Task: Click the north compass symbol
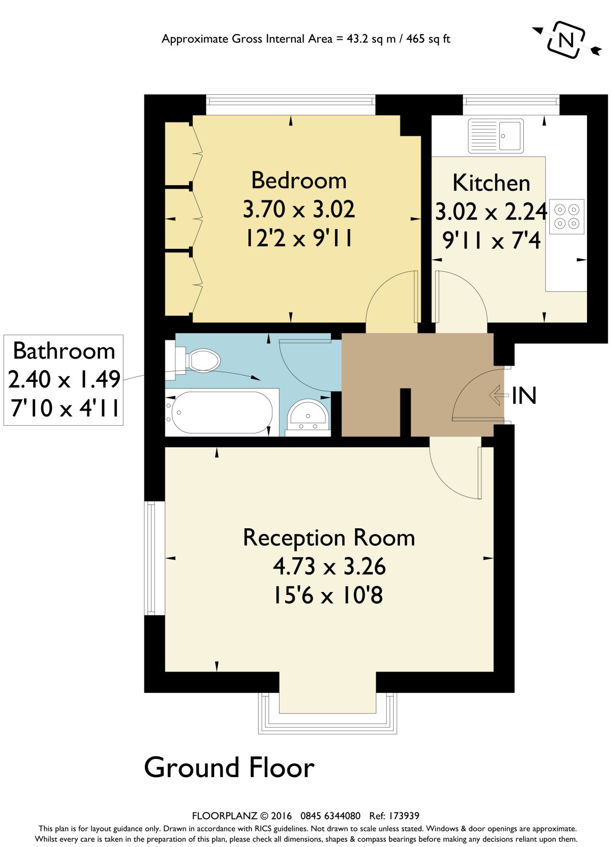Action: (566, 40)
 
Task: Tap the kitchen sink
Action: (496, 136)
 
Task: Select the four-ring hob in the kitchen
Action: (567, 217)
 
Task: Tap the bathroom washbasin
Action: (308, 415)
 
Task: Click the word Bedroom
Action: (299, 181)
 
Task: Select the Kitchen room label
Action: (491, 183)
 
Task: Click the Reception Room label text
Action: (328, 538)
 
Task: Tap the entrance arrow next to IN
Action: (498, 395)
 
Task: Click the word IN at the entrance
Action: (524, 396)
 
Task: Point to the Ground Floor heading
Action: (229, 767)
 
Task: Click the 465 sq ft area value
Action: (428, 39)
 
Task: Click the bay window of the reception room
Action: (327, 719)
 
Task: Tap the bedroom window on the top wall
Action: (290, 105)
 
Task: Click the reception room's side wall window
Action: (151, 558)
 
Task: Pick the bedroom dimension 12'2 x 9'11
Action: (299, 238)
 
